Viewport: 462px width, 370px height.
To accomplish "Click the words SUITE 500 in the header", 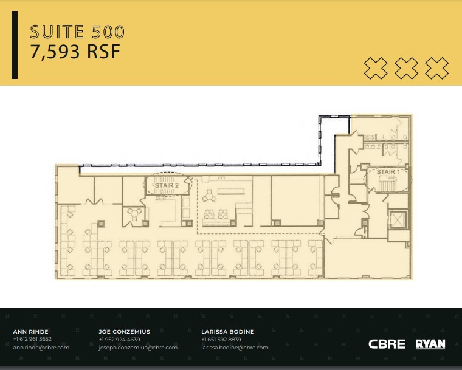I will [x=77, y=32].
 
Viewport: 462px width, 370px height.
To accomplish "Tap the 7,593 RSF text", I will [x=75, y=52].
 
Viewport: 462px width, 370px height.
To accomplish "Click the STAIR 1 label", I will [x=388, y=173].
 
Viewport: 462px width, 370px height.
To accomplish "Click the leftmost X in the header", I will [x=376, y=68].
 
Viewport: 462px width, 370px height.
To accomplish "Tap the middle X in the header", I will [x=406, y=68].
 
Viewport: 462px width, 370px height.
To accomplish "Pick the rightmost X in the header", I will [x=436, y=68].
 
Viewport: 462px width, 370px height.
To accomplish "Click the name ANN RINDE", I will [x=30, y=332].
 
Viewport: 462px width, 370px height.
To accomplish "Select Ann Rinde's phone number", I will [x=32, y=340].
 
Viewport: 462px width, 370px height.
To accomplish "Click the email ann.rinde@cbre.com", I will [x=41, y=348].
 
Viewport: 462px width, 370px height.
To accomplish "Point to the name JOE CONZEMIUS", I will [x=124, y=332].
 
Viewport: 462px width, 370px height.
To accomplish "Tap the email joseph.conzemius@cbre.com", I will [x=138, y=348].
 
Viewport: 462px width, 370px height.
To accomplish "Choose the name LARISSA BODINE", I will [x=227, y=332].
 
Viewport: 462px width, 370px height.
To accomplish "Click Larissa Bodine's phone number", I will [x=221, y=340].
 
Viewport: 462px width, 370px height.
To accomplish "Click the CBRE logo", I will [x=387, y=344].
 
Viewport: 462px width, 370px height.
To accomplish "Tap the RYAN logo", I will [x=430, y=344].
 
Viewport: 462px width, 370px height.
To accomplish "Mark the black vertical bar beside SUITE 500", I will [x=15, y=45].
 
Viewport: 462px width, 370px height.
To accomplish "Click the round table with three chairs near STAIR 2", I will [x=134, y=213].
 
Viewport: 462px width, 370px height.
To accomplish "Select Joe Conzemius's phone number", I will [x=119, y=340].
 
